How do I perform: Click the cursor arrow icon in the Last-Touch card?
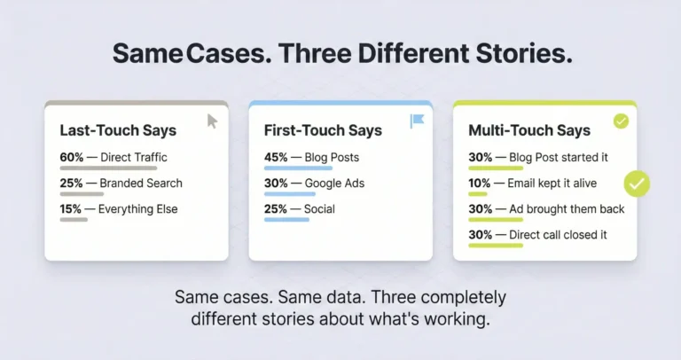pos(212,121)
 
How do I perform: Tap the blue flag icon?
pos(417,121)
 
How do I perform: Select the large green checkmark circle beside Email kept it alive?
pos(637,184)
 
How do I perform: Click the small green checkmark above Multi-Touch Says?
pos(621,121)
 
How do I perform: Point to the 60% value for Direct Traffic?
pos(72,158)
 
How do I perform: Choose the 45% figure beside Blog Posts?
pos(277,158)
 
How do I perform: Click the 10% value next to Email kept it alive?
pos(481,184)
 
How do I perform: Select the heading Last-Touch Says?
pos(118,130)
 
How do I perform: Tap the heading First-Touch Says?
pos(323,130)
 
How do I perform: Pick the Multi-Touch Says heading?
pos(529,130)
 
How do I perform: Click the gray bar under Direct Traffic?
pos(108,168)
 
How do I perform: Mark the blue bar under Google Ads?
pos(289,193)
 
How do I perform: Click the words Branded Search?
pos(141,184)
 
